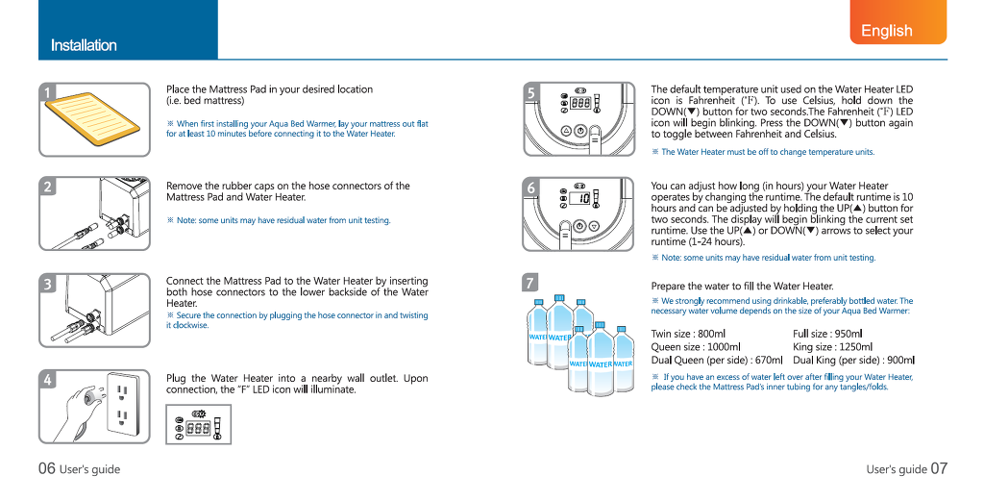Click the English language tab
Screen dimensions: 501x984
tap(886, 30)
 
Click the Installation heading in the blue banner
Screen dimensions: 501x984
tap(84, 45)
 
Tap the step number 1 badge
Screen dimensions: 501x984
tap(47, 92)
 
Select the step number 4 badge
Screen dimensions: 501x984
tap(47, 380)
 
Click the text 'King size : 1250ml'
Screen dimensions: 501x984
tap(832, 347)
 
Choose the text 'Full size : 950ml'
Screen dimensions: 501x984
tap(827, 334)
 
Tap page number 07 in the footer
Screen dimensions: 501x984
tap(938, 469)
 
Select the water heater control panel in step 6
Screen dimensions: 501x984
tap(578, 212)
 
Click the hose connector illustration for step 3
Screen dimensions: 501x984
tap(95, 310)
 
